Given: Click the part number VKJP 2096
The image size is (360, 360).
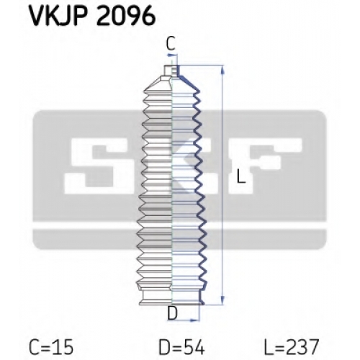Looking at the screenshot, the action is (92, 17).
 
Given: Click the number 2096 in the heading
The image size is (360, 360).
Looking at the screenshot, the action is (126, 17).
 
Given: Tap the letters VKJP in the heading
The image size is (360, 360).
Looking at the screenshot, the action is (59, 17).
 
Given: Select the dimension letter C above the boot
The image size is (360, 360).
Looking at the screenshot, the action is (171, 43).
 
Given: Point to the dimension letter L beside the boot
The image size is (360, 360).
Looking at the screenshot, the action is (240, 176).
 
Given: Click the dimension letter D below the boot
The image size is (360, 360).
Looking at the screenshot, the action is (172, 313).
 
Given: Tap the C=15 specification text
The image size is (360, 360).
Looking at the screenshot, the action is (51, 347).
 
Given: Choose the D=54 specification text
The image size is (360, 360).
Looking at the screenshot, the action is (182, 347).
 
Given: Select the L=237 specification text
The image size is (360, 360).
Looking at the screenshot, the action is (292, 347).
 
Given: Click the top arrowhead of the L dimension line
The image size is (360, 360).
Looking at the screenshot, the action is (222, 70).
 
